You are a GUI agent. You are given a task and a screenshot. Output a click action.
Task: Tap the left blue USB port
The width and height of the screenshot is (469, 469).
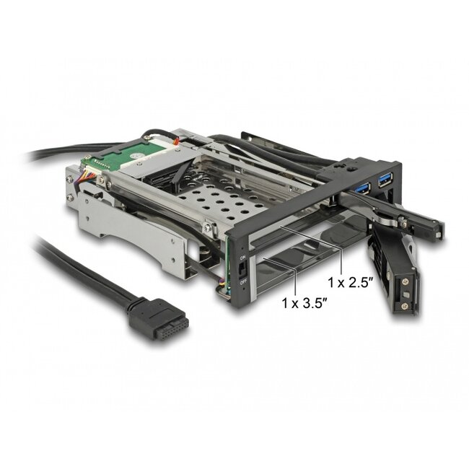361,188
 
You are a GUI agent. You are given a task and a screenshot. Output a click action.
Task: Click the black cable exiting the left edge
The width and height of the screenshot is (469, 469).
43,156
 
